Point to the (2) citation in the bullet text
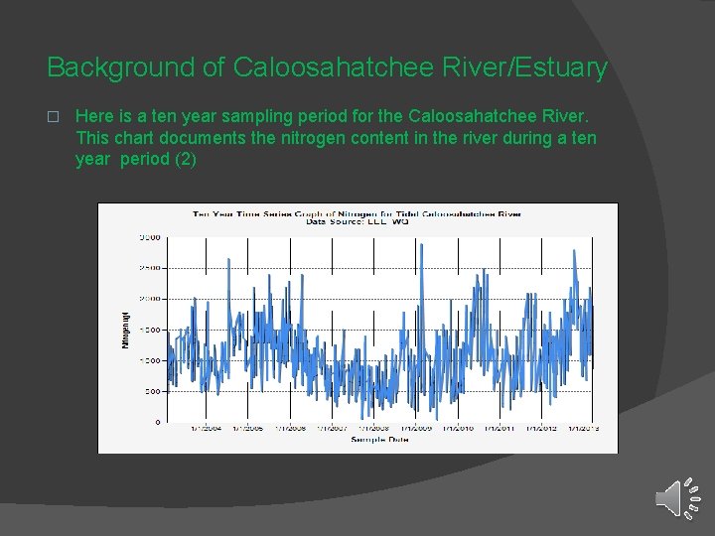[x=185, y=159]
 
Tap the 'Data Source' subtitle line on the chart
[x=357, y=222]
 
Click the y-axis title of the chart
[x=126, y=330]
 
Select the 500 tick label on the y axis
[x=152, y=391]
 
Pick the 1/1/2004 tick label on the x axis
[x=207, y=429]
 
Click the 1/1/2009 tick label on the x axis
[x=416, y=429]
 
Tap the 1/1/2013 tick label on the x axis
[x=584, y=429]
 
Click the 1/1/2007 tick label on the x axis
[x=332, y=429]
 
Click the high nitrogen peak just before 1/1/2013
[x=575, y=251]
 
